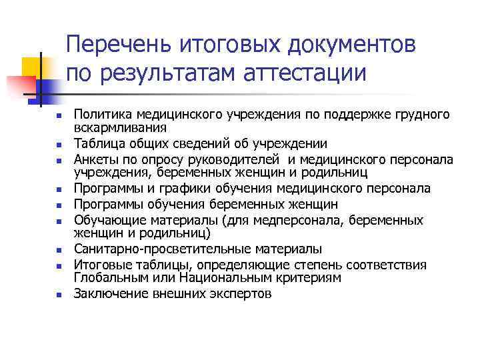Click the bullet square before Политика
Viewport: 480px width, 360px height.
pyautogui.click(x=59, y=115)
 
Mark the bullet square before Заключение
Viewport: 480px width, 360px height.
pyautogui.click(x=59, y=293)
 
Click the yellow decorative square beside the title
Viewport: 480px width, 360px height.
pyautogui.click(x=30, y=66)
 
